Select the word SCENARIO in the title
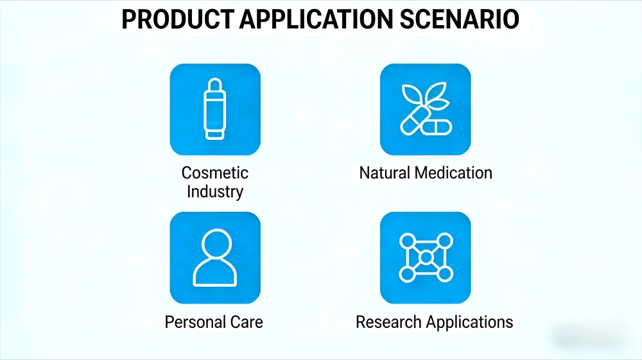click(x=460, y=21)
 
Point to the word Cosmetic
click(x=214, y=173)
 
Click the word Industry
click(x=214, y=191)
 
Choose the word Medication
click(x=454, y=173)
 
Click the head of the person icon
click(x=215, y=244)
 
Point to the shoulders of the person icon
click(x=215, y=274)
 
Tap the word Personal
click(x=193, y=321)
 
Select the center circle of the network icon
click(x=426, y=258)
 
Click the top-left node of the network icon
click(x=408, y=241)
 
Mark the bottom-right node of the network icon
click(x=444, y=275)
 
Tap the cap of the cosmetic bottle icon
click(x=215, y=86)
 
